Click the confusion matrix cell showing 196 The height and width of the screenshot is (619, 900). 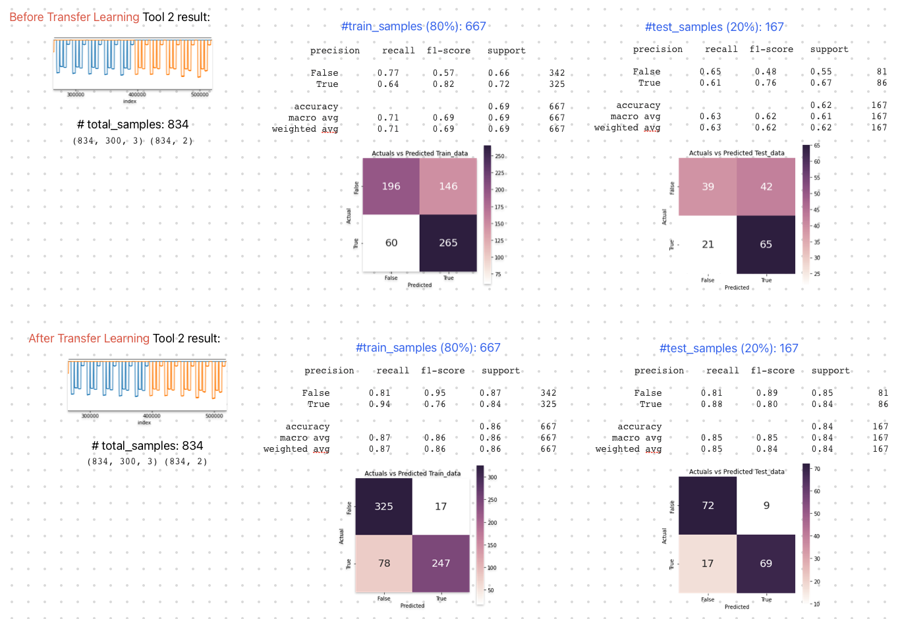[x=391, y=186]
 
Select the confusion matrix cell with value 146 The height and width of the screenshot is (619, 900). [x=448, y=186]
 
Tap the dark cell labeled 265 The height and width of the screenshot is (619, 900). [x=448, y=243]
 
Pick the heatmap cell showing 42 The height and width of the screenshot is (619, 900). [x=766, y=187]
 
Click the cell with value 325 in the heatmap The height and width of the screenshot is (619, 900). [x=383, y=506]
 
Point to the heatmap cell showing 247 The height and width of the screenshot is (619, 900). [x=441, y=564]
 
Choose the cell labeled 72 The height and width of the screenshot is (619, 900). [x=708, y=506]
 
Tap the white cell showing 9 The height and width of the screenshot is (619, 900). [x=766, y=506]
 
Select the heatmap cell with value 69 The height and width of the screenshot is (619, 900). [x=766, y=564]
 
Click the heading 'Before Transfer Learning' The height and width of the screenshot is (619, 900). [x=74, y=17]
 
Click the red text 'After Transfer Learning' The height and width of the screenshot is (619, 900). [x=89, y=338]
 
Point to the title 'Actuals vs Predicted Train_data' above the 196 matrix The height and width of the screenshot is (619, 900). [x=420, y=153]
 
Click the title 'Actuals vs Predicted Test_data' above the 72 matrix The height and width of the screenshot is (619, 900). [x=737, y=471]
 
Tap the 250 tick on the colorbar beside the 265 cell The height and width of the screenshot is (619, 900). [x=499, y=156]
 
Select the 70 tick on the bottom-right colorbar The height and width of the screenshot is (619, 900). [x=817, y=469]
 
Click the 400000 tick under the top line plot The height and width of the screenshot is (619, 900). [x=137, y=95]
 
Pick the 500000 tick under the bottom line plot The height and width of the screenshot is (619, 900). [x=214, y=416]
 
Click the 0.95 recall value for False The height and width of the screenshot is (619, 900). [x=435, y=393]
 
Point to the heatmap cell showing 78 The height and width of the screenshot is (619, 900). [x=384, y=564]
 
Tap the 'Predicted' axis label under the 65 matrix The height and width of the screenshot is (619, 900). [x=737, y=288]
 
